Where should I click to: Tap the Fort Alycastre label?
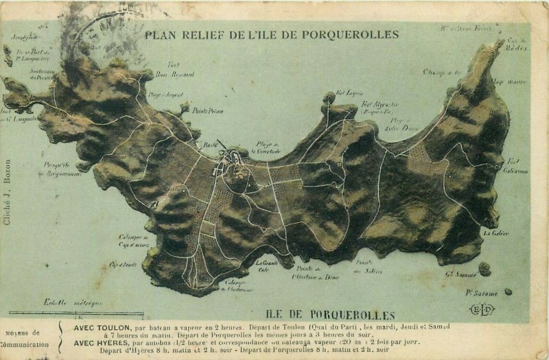(380, 105)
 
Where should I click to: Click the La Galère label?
(495, 233)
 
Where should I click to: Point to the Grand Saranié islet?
(484, 269)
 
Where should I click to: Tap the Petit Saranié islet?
(508, 291)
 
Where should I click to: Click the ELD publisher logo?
(482, 310)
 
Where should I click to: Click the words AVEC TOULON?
(99, 327)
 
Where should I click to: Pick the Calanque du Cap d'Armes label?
(133, 239)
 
